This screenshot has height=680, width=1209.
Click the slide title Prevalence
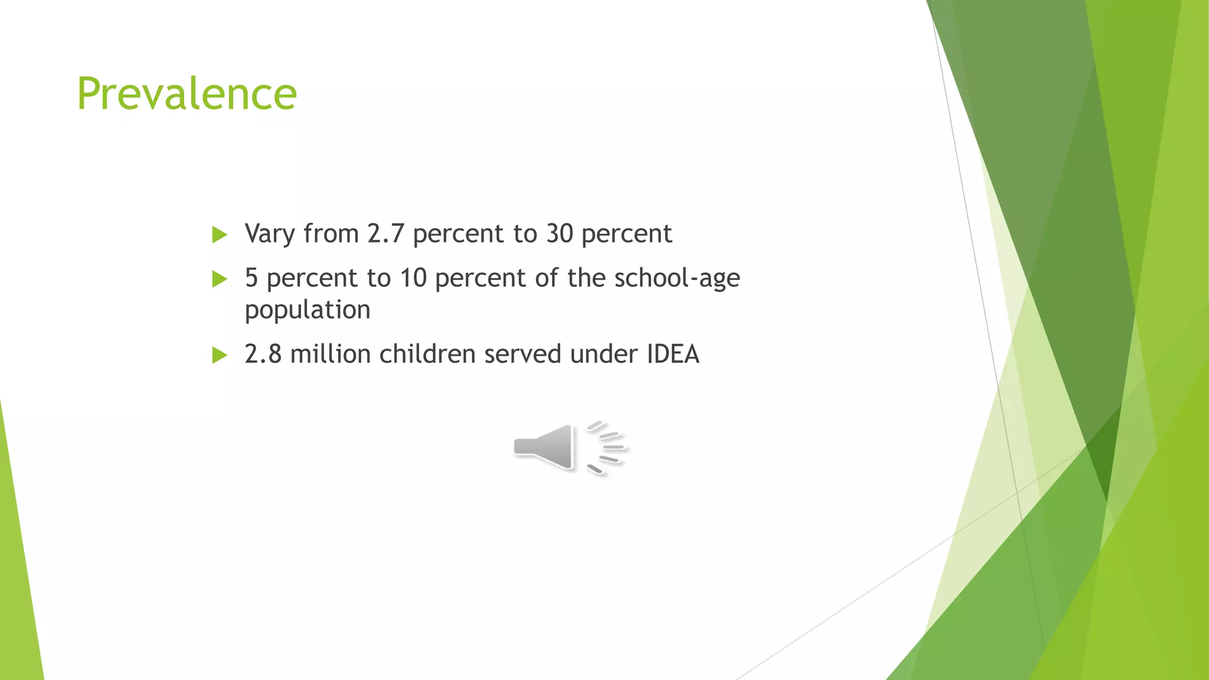(x=187, y=94)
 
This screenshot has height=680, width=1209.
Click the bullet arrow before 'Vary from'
(x=220, y=235)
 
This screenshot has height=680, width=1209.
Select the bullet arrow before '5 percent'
(x=220, y=279)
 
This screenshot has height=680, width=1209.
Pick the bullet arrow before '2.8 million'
(x=220, y=355)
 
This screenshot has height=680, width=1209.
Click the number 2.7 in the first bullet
(x=385, y=234)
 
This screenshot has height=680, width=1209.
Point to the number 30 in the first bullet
(x=560, y=234)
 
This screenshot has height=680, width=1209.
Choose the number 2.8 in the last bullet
(x=263, y=354)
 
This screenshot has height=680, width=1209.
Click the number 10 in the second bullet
(x=413, y=278)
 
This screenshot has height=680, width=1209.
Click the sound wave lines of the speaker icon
(x=607, y=447)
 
